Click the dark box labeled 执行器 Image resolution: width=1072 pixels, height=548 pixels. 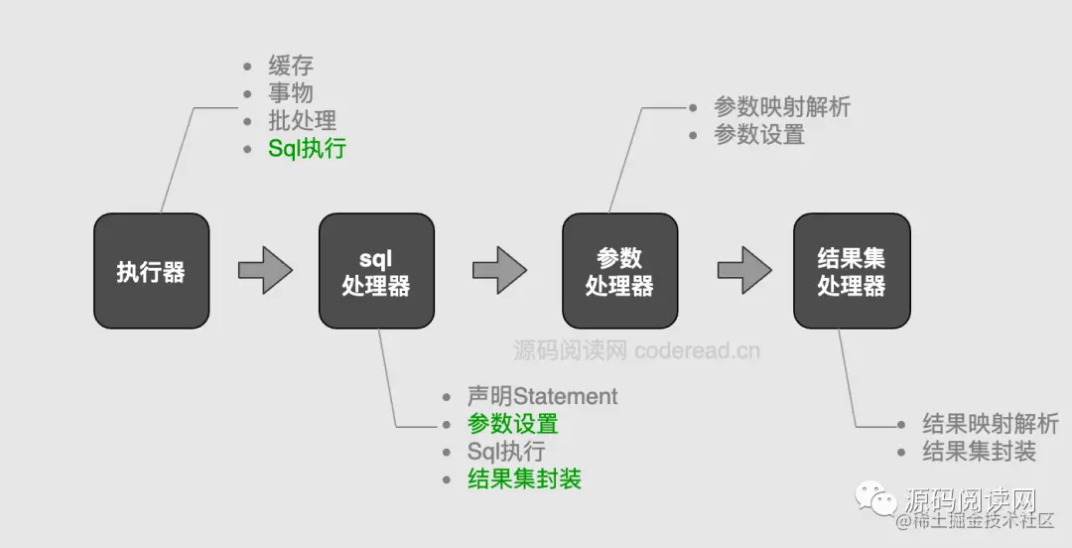tap(151, 271)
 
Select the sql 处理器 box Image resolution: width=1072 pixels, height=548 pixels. tap(376, 271)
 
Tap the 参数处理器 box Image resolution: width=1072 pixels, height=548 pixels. tap(619, 271)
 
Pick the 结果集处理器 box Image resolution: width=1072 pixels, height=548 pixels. tap(852, 271)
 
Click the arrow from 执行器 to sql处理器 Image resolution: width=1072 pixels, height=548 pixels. tap(265, 270)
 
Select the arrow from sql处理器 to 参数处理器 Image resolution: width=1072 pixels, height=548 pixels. tap(499, 270)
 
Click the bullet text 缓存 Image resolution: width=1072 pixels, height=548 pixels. tap(291, 67)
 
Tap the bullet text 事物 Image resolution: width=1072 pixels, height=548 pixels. tap(291, 93)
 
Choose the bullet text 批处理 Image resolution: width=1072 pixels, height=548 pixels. tap(302, 121)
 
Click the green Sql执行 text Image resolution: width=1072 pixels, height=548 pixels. tap(307, 149)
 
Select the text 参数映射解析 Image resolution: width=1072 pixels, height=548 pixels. tap(782, 107)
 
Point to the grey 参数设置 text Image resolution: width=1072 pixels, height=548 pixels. tap(759, 135)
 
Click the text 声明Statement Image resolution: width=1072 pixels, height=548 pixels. tap(542, 396)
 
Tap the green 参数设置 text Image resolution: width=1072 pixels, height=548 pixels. tap(512, 424)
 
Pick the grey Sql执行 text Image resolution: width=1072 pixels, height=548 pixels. tap(506, 452)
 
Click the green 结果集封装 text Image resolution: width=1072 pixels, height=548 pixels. tap(524, 479)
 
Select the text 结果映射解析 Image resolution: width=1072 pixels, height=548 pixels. tap(991, 424)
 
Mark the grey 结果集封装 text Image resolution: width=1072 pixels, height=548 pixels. tap(979, 452)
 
